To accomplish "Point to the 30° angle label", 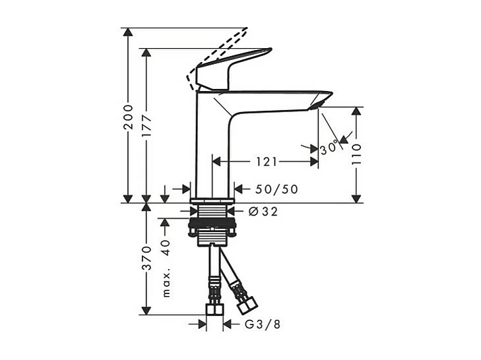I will tap(329, 148).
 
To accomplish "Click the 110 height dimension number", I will tap(356, 154).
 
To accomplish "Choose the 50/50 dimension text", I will tap(276, 189).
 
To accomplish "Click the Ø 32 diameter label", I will tap(263, 212).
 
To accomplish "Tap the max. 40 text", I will tap(166, 264).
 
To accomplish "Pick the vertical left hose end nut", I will tap(213, 309).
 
